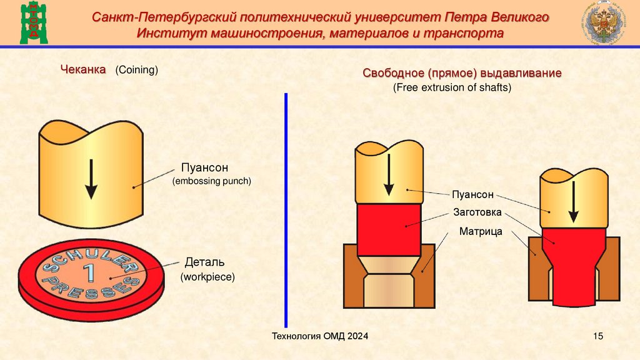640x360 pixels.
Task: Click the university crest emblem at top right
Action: (x=604, y=22)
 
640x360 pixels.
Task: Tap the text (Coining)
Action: (x=136, y=69)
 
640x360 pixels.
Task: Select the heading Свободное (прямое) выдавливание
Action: (x=462, y=73)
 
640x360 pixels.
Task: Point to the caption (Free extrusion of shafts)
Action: (x=452, y=88)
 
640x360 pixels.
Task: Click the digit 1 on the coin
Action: (x=90, y=273)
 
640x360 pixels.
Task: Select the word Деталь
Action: (x=204, y=261)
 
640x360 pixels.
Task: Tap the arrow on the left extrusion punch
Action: (x=388, y=174)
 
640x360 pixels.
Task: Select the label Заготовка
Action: (x=477, y=212)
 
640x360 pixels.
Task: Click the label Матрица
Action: (x=481, y=231)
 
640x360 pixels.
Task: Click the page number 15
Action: (x=598, y=337)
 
